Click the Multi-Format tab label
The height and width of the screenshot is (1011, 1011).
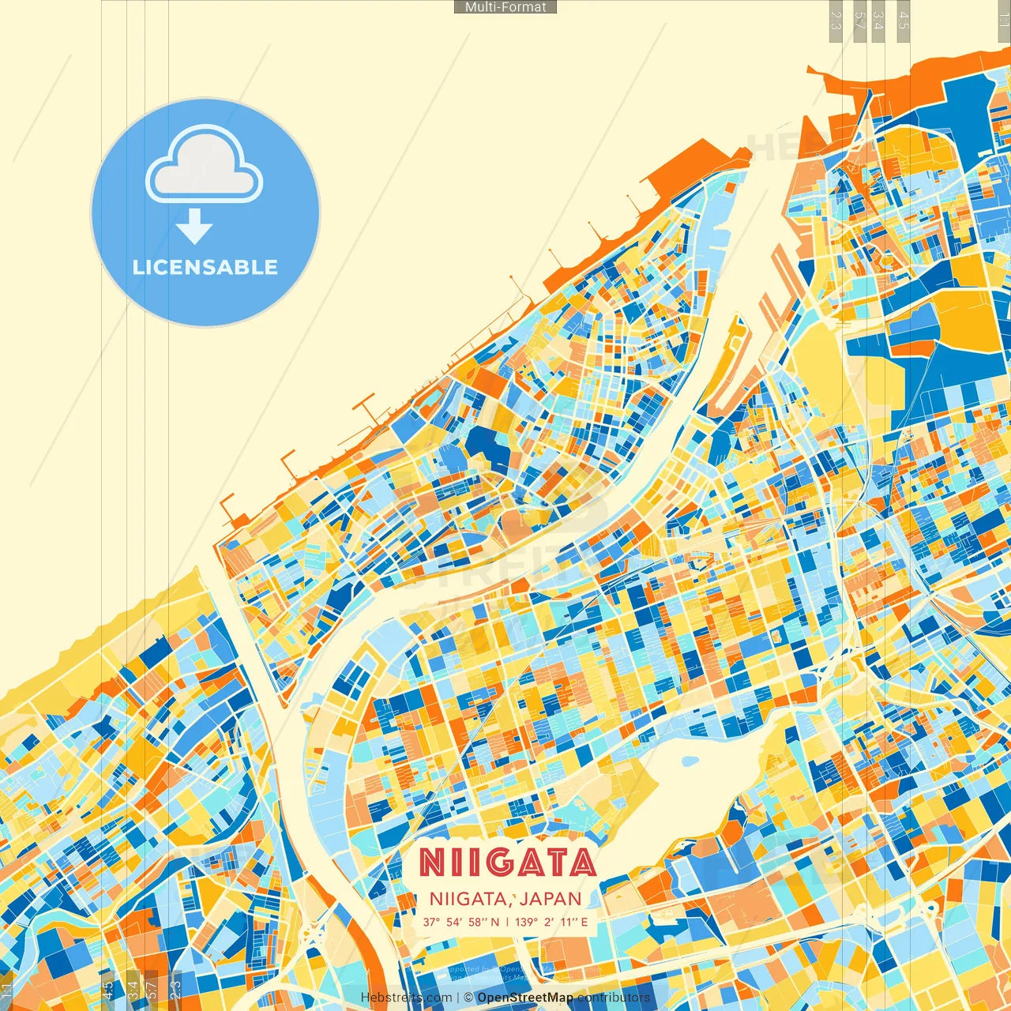[505, 7]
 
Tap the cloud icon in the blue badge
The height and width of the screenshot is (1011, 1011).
[205, 167]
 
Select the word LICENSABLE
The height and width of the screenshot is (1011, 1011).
[205, 267]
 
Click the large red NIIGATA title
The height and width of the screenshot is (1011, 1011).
[507, 863]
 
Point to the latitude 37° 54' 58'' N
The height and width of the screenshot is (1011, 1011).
[460, 922]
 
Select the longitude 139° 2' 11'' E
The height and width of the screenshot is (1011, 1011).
[551, 922]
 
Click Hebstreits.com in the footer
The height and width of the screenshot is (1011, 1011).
[407, 998]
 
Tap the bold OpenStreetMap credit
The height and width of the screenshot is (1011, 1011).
[525, 998]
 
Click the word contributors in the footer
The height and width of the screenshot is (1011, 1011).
[613, 998]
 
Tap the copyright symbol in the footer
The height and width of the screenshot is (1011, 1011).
[468, 998]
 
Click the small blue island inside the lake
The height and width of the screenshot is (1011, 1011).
[690, 761]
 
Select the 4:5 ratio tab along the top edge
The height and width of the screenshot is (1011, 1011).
[904, 21]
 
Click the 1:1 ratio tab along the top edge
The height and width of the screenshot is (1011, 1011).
[1004, 16]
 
